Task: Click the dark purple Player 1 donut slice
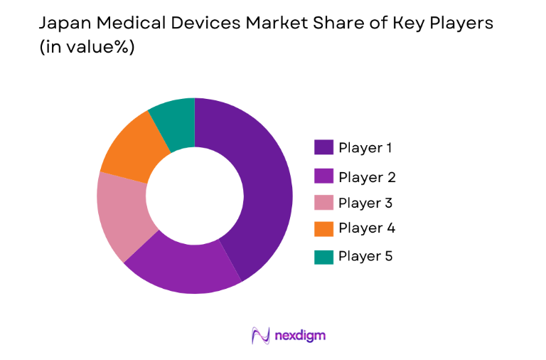click(x=267, y=185)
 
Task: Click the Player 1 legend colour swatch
click(x=323, y=147)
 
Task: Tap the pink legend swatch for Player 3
click(x=323, y=203)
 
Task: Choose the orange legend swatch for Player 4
click(x=323, y=228)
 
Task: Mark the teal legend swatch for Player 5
click(x=323, y=256)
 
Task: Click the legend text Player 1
click(x=365, y=148)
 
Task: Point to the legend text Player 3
click(x=365, y=203)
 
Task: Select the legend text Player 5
click(x=365, y=256)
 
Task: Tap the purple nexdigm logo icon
click(x=261, y=335)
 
